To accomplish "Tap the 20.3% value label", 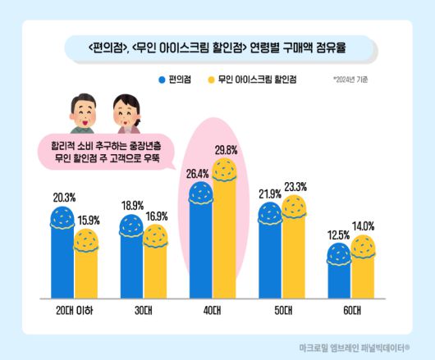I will click(x=63, y=197).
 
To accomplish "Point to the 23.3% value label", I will click(x=295, y=185).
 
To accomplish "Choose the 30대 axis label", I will click(x=144, y=311).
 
